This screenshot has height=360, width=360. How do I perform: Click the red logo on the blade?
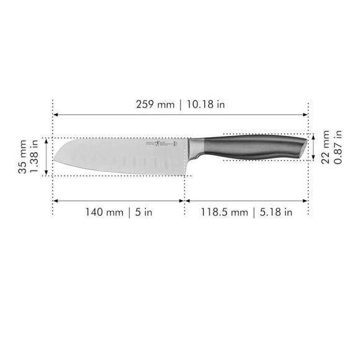coord(175,144)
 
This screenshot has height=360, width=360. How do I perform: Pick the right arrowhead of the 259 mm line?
coord(306,114)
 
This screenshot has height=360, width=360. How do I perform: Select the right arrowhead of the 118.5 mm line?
coord(306,200)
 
